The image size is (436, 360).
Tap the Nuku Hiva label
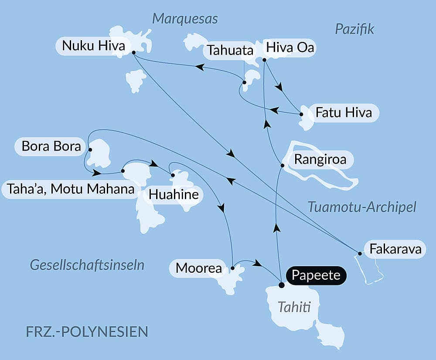click(x=93, y=46)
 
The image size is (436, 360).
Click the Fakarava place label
click(x=395, y=249)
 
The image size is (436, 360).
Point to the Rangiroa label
click(x=320, y=159)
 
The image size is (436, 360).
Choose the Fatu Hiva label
click(x=344, y=113)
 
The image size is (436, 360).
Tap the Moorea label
click(x=199, y=268)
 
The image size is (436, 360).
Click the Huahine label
click(x=174, y=195)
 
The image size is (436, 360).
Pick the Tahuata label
click(x=230, y=50)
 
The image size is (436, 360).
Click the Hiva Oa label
click(x=290, y=48)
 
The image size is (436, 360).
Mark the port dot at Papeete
click(x=281, y=285)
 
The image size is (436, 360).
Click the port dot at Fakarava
click(x=360, y=254)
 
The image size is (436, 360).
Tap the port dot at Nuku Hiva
click(x=133, y=52)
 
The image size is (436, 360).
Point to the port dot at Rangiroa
click(x=283, y=165)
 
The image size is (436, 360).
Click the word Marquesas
click(x=185, y=19)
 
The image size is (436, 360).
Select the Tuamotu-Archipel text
click(x=362, y=207)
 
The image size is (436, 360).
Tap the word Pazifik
click(x=354, y=29)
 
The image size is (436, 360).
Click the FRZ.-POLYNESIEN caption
click(x=87, y=331)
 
